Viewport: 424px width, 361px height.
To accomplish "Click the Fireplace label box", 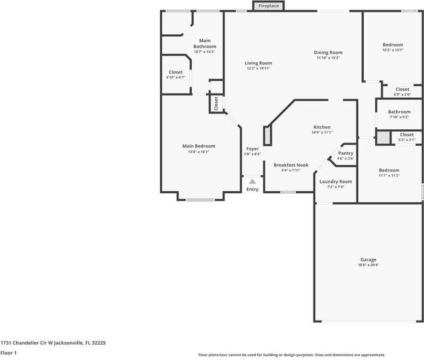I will tap(268, 6).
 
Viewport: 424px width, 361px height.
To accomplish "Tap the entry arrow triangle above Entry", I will tap(252, 181).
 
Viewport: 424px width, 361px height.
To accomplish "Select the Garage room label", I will tap(369, 260).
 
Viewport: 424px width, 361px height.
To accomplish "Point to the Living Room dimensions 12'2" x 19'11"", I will tap(258, 69).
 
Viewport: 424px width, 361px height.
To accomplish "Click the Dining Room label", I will tap(328, 53).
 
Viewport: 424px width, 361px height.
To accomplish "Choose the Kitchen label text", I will tap(321, 127).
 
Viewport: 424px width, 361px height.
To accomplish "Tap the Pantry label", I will tap(345, 153).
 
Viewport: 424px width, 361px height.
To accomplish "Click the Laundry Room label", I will tap(335, 182).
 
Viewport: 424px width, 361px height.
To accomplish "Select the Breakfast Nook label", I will tap(291, 165).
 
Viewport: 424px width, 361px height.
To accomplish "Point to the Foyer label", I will tap(252, 149).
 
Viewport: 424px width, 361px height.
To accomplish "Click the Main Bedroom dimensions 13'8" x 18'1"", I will tap(198, 152).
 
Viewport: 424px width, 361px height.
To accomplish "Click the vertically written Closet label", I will tap(216, 103).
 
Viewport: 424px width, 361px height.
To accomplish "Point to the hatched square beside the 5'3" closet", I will tap(384, 138).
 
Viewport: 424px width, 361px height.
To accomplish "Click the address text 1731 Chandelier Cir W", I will tap(53, 342).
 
